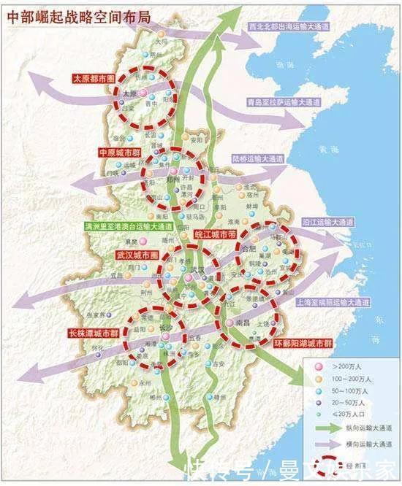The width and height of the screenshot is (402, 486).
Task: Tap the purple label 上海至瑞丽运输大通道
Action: point(330,301)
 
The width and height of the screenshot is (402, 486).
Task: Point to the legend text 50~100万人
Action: point(353,392)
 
